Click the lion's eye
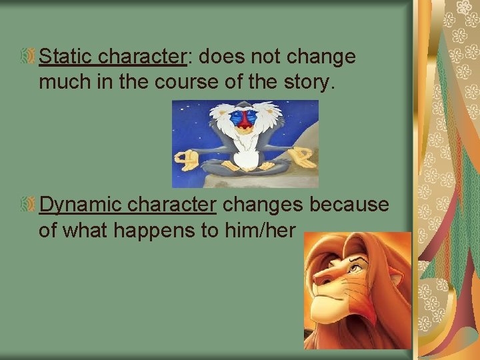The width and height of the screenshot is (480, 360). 355,269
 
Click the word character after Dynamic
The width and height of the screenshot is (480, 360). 169,205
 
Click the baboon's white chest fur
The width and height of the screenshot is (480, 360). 245,150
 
